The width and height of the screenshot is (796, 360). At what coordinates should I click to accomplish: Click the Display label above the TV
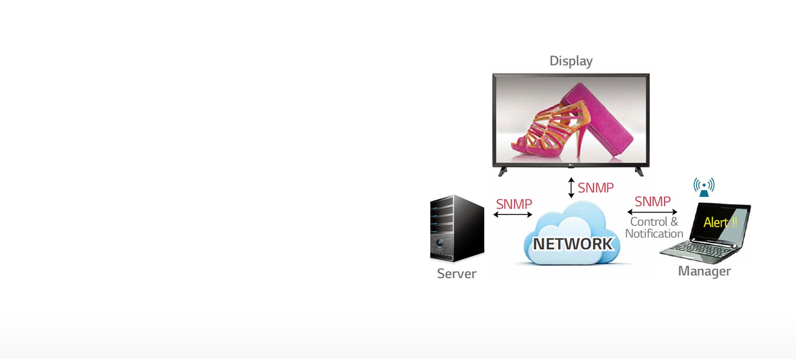571,61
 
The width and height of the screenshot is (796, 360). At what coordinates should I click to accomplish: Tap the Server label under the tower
456,274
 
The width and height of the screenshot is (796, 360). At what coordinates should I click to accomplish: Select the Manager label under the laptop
704,271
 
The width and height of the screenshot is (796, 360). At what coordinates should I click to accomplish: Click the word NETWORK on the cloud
572,244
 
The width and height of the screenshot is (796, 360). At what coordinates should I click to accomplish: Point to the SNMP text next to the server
514,204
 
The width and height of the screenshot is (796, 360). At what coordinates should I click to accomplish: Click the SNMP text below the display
595,188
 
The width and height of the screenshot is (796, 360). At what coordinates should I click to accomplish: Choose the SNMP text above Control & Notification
652,202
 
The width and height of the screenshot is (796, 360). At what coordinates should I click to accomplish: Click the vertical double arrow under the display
571,188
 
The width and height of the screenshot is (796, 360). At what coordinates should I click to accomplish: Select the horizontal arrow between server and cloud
512,215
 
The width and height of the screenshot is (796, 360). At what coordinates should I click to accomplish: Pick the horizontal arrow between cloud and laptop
652,212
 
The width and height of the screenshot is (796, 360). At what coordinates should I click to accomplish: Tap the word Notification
654,234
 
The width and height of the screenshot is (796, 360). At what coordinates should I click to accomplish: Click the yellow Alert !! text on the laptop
720,222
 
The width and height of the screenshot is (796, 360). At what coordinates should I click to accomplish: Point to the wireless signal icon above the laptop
704,187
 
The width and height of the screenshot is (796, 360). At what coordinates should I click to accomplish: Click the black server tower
457,228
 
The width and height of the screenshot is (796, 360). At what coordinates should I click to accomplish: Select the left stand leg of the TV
502,171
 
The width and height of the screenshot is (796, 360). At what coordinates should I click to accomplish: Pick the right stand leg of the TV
639,171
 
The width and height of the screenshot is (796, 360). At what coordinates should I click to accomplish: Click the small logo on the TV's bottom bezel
571,165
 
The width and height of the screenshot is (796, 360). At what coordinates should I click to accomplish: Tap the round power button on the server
439,244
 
